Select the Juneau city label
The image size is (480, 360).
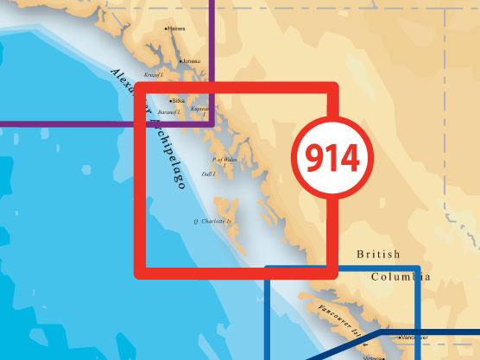tap(191, 61)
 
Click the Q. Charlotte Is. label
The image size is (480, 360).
tap(211, 222)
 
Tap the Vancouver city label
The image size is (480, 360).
tap(417, 338)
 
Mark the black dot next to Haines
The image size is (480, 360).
tap(165, 28)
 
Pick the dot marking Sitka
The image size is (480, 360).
tap(171, 100)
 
